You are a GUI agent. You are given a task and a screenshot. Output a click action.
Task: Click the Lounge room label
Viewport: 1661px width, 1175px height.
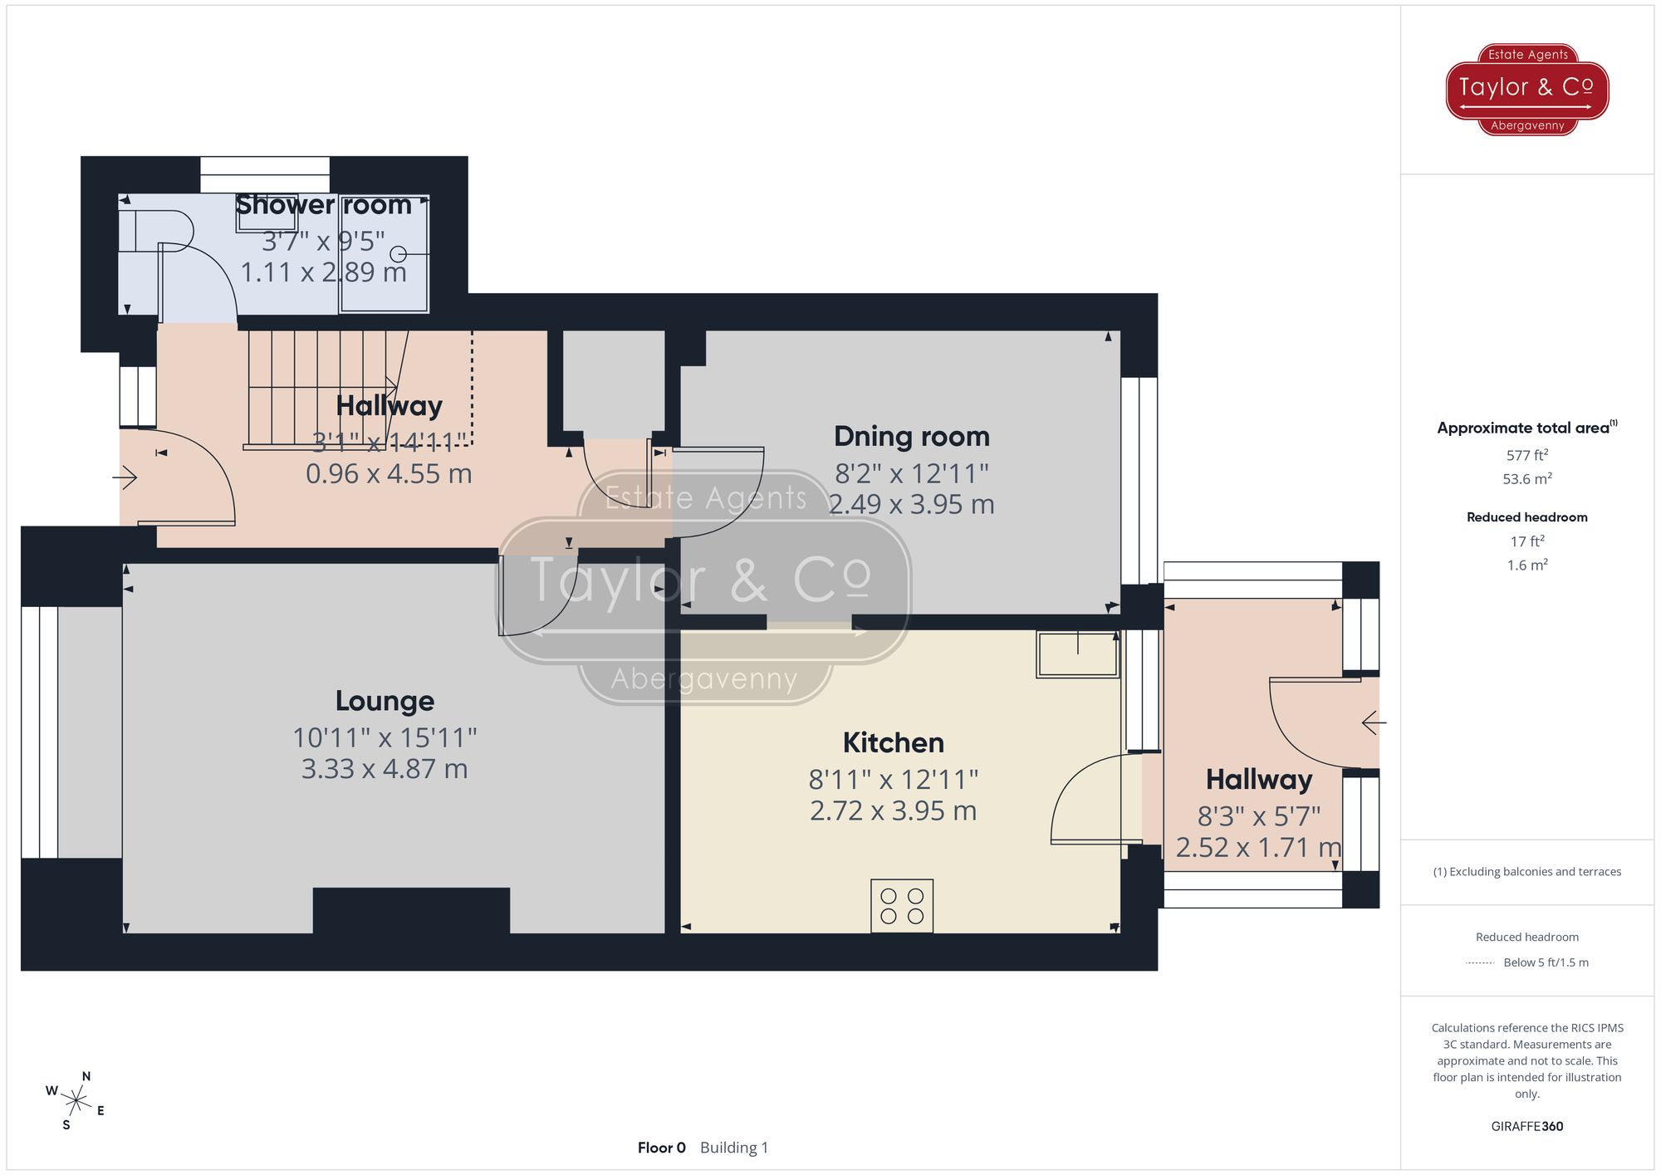click(x=385, y=701)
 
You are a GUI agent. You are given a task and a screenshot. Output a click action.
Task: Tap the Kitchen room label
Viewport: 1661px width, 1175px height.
click(x=893, y=742)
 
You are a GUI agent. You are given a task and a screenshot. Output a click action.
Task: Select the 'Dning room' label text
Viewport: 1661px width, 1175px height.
click(x=911, y=437)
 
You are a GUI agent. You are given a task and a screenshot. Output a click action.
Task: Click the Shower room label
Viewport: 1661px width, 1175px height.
click(x=323, y=204)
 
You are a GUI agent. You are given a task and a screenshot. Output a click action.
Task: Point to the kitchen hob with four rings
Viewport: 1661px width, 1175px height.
click(x=902, y=906)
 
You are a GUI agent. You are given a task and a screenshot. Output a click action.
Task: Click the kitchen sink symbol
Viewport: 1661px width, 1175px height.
click(x=1077, y=654)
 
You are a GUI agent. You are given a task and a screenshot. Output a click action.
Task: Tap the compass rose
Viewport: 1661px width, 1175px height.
click(x=76, y=1102)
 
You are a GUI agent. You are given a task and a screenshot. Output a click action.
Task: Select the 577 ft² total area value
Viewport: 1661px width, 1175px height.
click(x=1526, y=455)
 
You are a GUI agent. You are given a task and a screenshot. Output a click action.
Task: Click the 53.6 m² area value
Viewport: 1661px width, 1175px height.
click(x=1526, y=479)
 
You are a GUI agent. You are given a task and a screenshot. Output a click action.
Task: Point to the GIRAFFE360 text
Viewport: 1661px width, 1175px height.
click(x=1526, y=1126)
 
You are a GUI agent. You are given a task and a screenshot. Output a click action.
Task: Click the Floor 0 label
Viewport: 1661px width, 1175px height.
click(x=661, y=1148)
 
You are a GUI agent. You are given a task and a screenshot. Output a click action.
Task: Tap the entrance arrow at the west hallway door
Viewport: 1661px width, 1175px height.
click(x=125, y=477)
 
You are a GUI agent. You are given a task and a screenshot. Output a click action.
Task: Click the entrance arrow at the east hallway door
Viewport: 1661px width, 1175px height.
click(x=1374, y=723)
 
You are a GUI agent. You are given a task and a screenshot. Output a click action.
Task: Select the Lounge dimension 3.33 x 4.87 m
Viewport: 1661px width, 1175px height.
click(x=385, y=769)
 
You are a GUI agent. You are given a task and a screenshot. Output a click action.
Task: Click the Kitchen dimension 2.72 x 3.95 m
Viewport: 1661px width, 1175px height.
click(x=893, y=810)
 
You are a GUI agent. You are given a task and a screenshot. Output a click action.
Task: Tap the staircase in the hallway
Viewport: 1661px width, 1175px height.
click(x=324, y=390)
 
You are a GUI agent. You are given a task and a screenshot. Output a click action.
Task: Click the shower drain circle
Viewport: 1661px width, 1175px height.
click(x=399, y=254)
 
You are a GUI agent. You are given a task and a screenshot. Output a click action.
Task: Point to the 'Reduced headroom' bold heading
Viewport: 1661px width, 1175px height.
click(x=1526, y=517)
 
